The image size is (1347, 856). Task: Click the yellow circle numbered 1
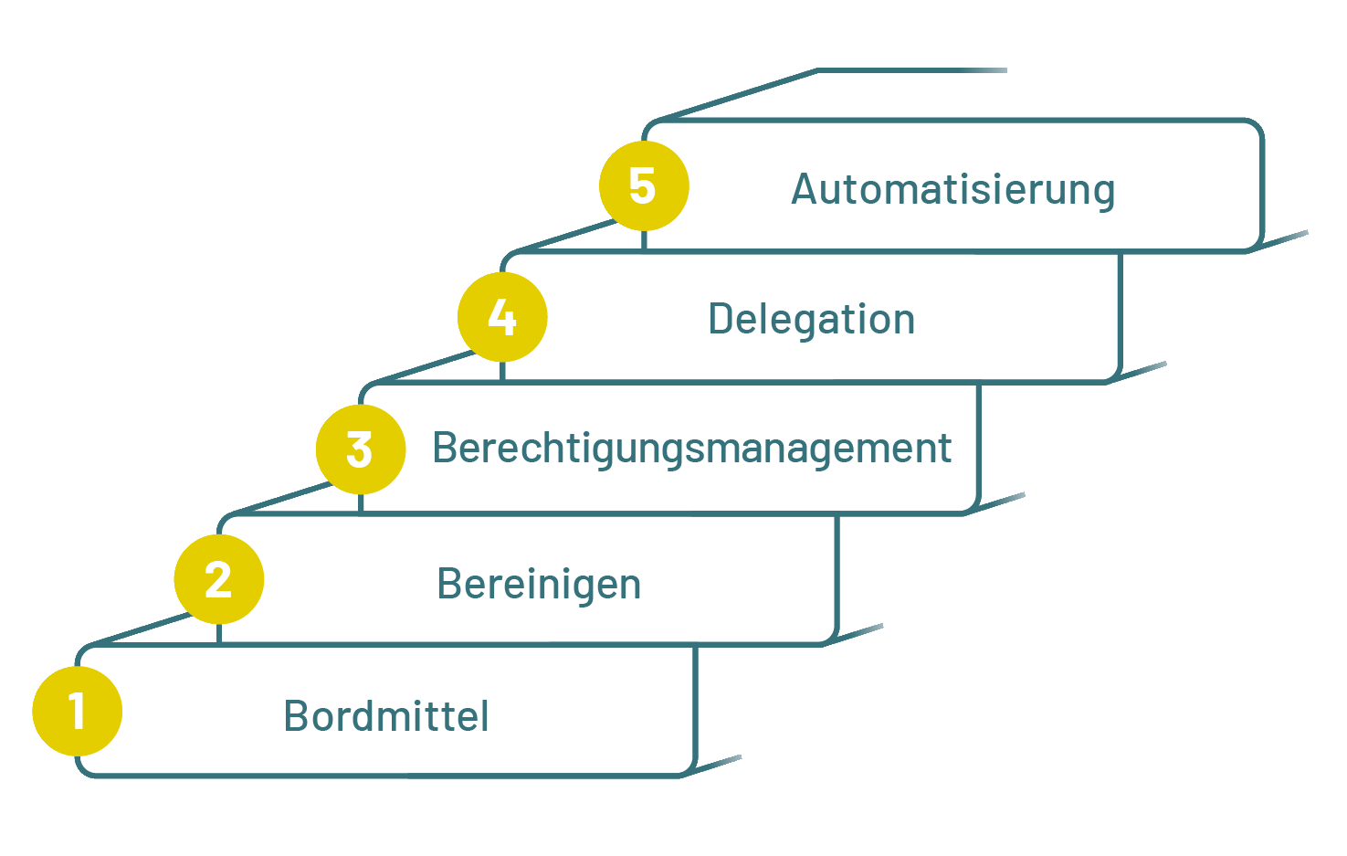point(77,711)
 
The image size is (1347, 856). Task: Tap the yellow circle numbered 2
point(218,579)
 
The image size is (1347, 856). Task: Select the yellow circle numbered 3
point(360,449)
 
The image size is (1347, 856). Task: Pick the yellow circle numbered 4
point(502,317)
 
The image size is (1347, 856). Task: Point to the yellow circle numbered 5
point(643,185)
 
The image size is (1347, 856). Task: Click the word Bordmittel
point(386,716)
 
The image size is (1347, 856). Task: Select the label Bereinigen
point(539,585)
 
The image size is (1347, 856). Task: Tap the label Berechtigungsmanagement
point(691,449)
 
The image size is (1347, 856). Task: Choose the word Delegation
point(811,320)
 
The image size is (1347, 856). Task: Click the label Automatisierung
point(952,190)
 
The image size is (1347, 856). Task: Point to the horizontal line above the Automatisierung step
point(913,70)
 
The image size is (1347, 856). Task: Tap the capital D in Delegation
point(721,320)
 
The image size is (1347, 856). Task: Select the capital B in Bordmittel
point(296,716)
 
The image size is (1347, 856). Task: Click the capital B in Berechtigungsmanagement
point(445,449)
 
